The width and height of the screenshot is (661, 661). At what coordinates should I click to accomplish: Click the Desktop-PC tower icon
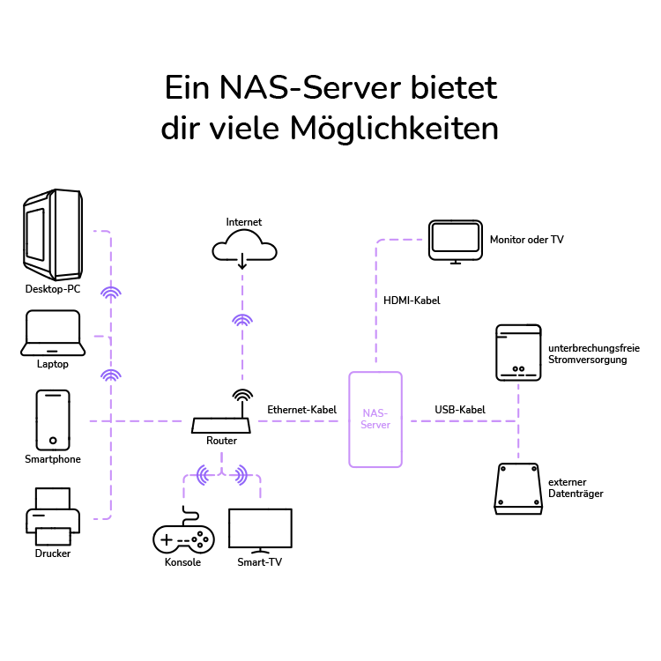[53, 234]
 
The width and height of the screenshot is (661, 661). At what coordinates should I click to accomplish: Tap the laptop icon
[52, 332]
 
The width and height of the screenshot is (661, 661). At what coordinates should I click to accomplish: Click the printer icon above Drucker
[53, 516]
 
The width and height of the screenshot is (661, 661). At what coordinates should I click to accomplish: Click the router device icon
[221, 424]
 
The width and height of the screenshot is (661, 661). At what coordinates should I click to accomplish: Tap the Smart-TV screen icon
[259, 530]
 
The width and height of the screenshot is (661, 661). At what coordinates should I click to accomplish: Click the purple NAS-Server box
[375, 419]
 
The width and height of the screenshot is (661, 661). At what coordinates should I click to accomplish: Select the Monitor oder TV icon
[456, 241]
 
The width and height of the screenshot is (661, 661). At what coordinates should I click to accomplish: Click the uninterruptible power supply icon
[517, 353]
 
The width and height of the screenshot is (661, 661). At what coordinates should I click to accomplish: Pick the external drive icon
[517, 488]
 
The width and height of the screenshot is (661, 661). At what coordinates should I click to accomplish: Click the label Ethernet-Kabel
[302, 409]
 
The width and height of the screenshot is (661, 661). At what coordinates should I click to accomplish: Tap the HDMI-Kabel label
[412, 301]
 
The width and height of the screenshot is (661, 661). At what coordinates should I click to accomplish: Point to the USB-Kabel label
[460, 409]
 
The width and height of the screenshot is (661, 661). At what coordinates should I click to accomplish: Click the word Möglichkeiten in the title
[393, 129]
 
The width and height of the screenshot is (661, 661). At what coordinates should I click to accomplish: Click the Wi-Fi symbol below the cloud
[242, 321]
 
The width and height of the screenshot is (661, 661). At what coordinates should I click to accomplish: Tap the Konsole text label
[182, 562]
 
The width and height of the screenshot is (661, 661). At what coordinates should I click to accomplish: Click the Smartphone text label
[53, 459]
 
